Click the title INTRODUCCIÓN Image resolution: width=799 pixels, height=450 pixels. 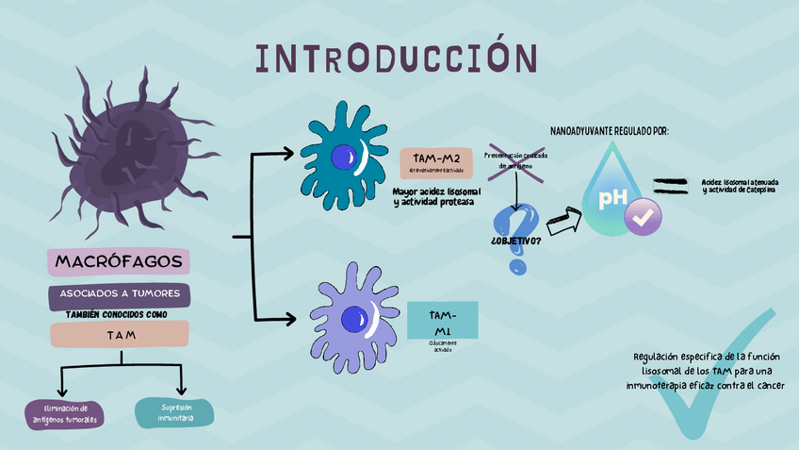397,58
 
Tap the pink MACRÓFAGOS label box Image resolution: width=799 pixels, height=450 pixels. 119,261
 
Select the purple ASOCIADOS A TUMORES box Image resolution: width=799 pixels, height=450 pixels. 120,294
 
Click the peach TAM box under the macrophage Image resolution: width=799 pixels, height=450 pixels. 120,335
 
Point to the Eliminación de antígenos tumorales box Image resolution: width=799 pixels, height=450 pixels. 65,413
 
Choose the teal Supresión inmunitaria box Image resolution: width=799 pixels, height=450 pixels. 174,412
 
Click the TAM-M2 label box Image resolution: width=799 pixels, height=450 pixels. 436,161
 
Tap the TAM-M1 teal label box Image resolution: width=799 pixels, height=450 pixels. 442,321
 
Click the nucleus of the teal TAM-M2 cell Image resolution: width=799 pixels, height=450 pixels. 341,158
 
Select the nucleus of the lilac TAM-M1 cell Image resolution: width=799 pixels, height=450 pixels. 355,320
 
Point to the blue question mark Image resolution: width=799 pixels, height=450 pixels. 515,236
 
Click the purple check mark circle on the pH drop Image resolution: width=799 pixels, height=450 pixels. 644,216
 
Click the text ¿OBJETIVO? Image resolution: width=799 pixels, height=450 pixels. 515,241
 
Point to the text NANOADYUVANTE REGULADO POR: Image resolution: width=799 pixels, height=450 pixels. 610,130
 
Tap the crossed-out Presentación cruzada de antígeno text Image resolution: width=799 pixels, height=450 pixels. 515,160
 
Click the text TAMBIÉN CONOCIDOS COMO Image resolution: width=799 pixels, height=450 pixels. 119,314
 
